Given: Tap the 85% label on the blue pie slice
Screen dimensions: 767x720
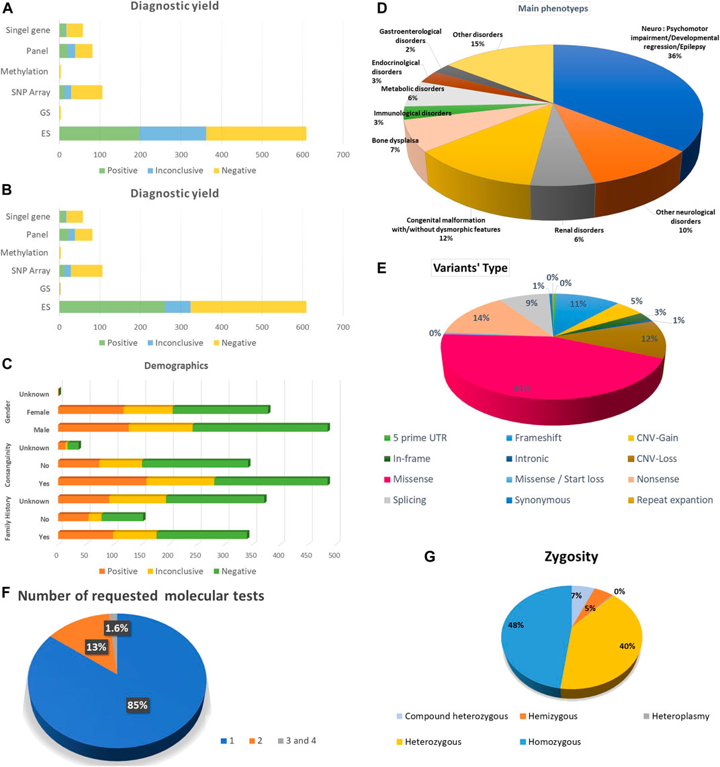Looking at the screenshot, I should [137, 705].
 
